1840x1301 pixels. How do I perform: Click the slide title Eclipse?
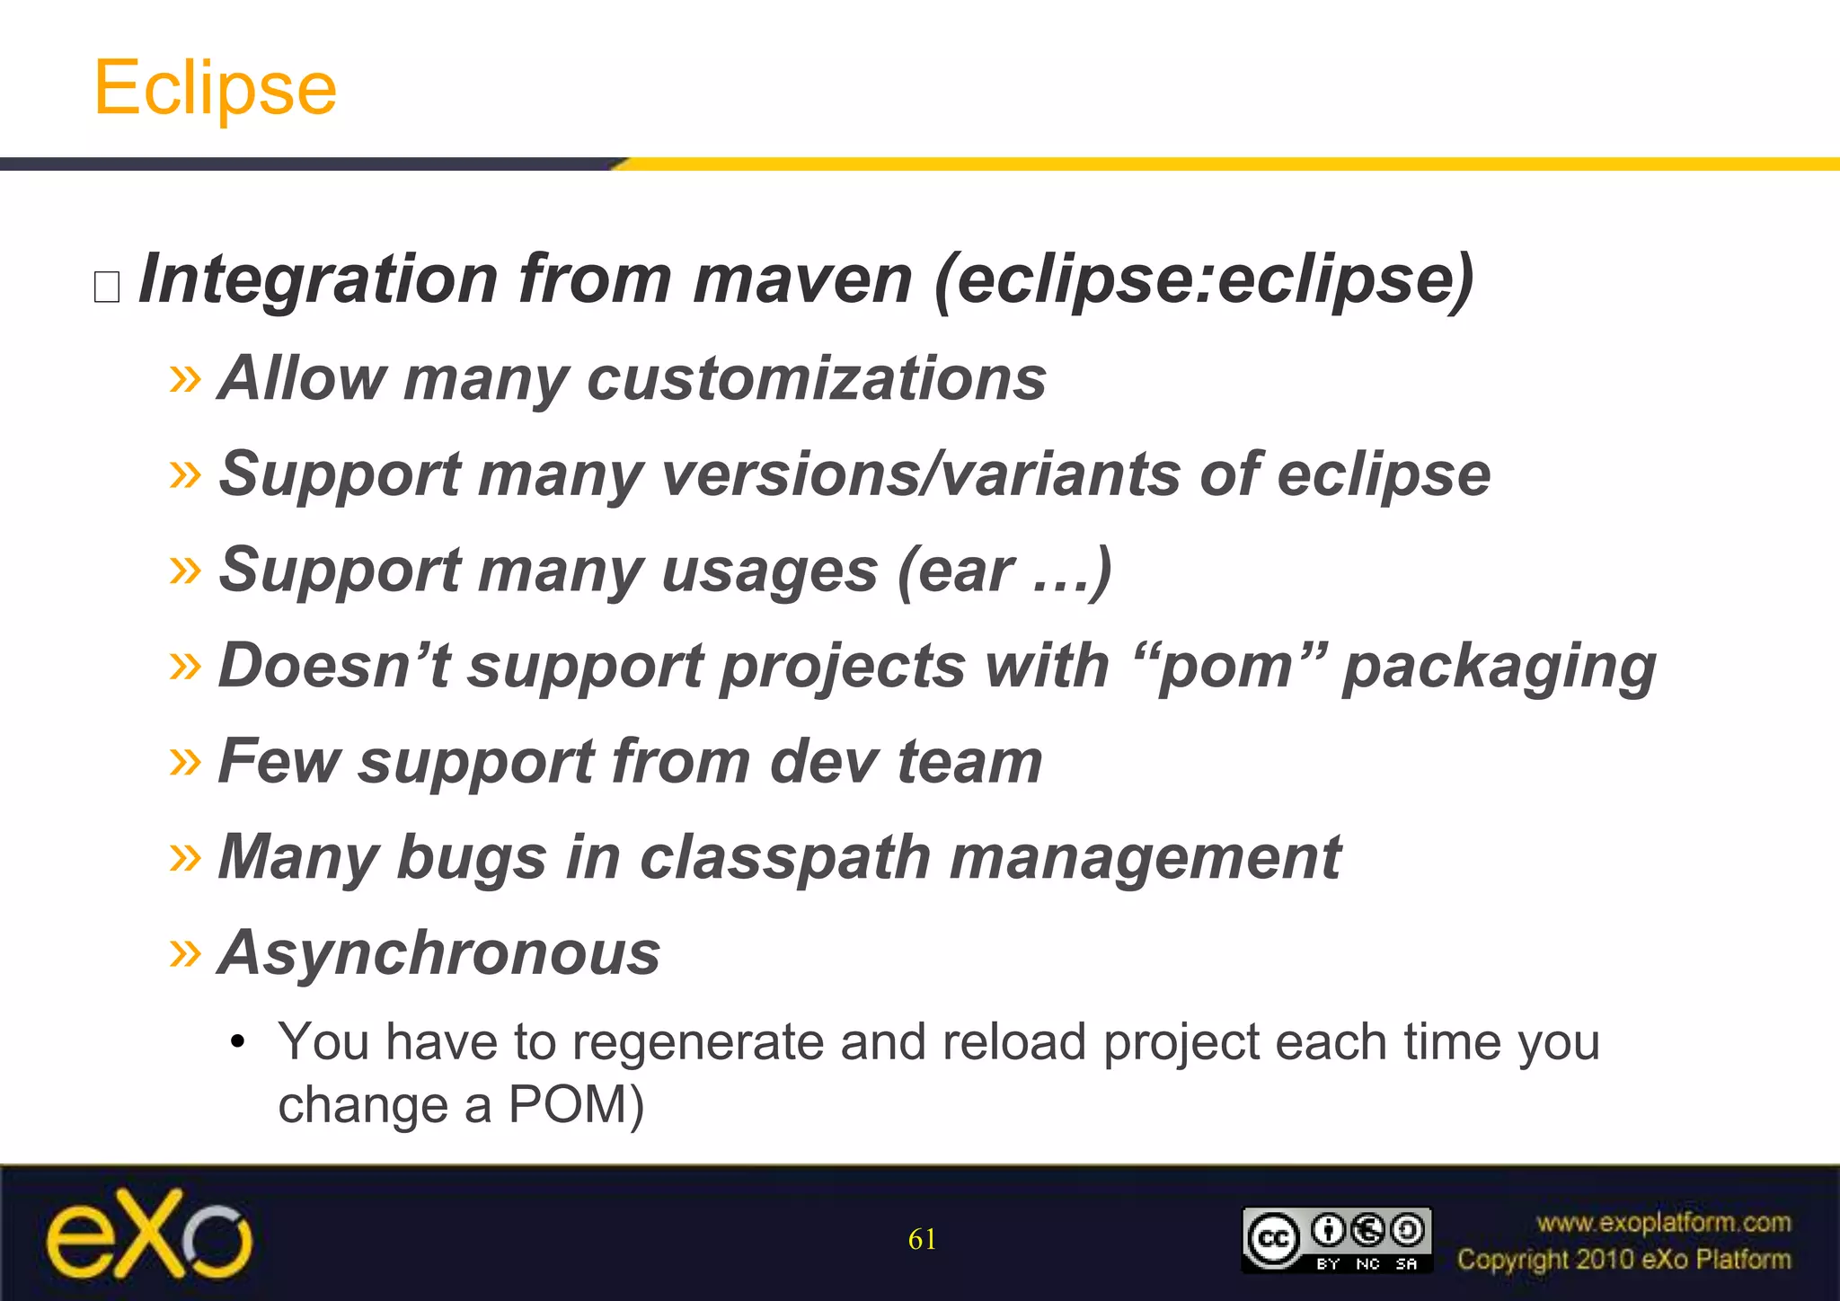[216, 88]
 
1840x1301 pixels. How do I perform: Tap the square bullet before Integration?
[107, 287]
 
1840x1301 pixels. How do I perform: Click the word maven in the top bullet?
[802, 279]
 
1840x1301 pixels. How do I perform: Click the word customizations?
[816, 378]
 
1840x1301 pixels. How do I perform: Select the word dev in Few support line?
[824, 762]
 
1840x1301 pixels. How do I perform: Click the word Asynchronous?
[439, 953]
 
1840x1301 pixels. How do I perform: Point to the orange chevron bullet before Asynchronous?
[185, 953]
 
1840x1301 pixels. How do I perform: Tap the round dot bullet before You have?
[237, 1042]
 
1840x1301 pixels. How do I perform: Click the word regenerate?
[696, 1043]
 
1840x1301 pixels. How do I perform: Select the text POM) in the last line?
[576, 1105]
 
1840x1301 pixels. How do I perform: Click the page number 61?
[922, 1240]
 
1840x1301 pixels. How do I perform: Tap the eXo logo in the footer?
[149, 1235]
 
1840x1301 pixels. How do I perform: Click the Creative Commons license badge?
[1336, 1240]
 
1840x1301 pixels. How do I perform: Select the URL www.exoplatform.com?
[1663, 1223]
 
